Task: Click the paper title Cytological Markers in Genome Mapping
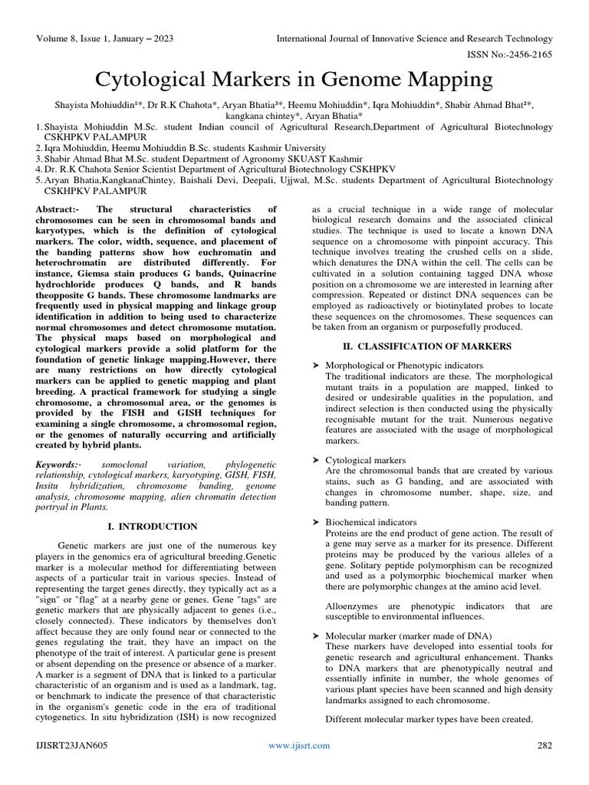[294, 79]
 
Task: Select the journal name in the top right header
[414, 38]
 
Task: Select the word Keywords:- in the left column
[58, 465]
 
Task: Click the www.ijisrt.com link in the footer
[299, 745]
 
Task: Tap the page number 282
[544, 745]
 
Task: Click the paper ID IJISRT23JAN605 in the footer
[71, 745]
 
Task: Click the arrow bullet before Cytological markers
[316, 460]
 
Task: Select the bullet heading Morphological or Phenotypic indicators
[404, 365]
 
